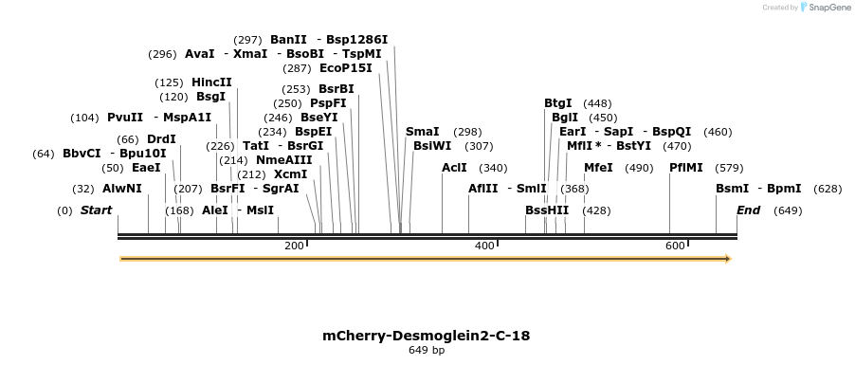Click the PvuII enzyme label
pos(125,118)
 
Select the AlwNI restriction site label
pos(121,189)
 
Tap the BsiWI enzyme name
pos(432,146)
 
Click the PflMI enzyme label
pos(685,168)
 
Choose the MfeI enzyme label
pos(598,168)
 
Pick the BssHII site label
pos(547,210)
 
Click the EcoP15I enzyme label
pos(346,68)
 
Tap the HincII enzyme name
pos(211,82)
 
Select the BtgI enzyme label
pos(557,103)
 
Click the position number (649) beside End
pos(788,210)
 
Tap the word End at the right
pos(748,210)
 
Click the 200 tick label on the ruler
pos(294,246)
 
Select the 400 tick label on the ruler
pos(484,246)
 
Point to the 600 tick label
pos(675,246)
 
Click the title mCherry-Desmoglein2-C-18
pos(427,336)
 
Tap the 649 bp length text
pos(427,351)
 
